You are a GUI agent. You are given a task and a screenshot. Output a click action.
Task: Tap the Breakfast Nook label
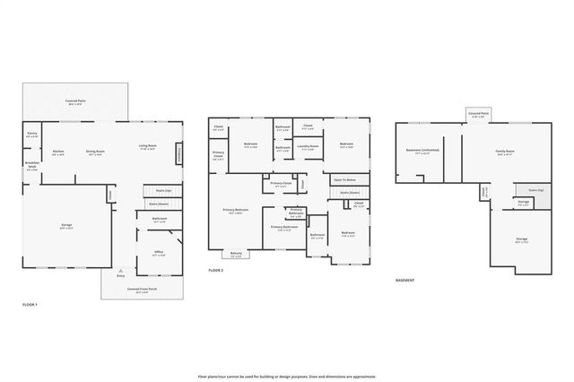[32, 166]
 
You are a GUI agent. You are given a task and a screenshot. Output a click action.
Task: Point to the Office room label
[158, 253]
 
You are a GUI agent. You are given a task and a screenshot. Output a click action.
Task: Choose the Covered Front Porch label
[142, 290]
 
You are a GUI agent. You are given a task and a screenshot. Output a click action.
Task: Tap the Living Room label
[148, 146]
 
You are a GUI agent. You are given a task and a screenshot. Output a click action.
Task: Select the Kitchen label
[58, 152]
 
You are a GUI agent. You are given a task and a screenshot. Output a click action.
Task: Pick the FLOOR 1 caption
[30, 306]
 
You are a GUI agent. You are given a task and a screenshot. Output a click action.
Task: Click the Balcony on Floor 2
[236, 254]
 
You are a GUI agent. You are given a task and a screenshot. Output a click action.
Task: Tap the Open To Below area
[344, 179]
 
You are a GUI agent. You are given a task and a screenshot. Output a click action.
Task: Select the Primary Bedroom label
[235, 211]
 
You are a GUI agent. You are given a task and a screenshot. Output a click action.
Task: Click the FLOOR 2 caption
[216, 270]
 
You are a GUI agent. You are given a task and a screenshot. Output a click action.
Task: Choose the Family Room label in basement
[505, 152]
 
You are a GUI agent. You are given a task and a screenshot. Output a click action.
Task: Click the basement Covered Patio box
[478, 115]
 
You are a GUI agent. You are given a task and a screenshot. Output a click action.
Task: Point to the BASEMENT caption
[405, 280]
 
